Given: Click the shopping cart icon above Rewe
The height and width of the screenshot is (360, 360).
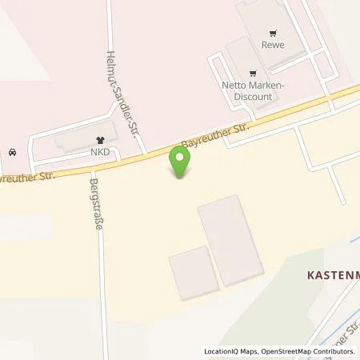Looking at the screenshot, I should (274, 33).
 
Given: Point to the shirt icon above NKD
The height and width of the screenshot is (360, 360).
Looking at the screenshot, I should (99, 137).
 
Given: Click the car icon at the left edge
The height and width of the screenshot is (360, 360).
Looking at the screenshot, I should (10, 152).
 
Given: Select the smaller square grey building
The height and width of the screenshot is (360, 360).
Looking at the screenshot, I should (192, 273).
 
